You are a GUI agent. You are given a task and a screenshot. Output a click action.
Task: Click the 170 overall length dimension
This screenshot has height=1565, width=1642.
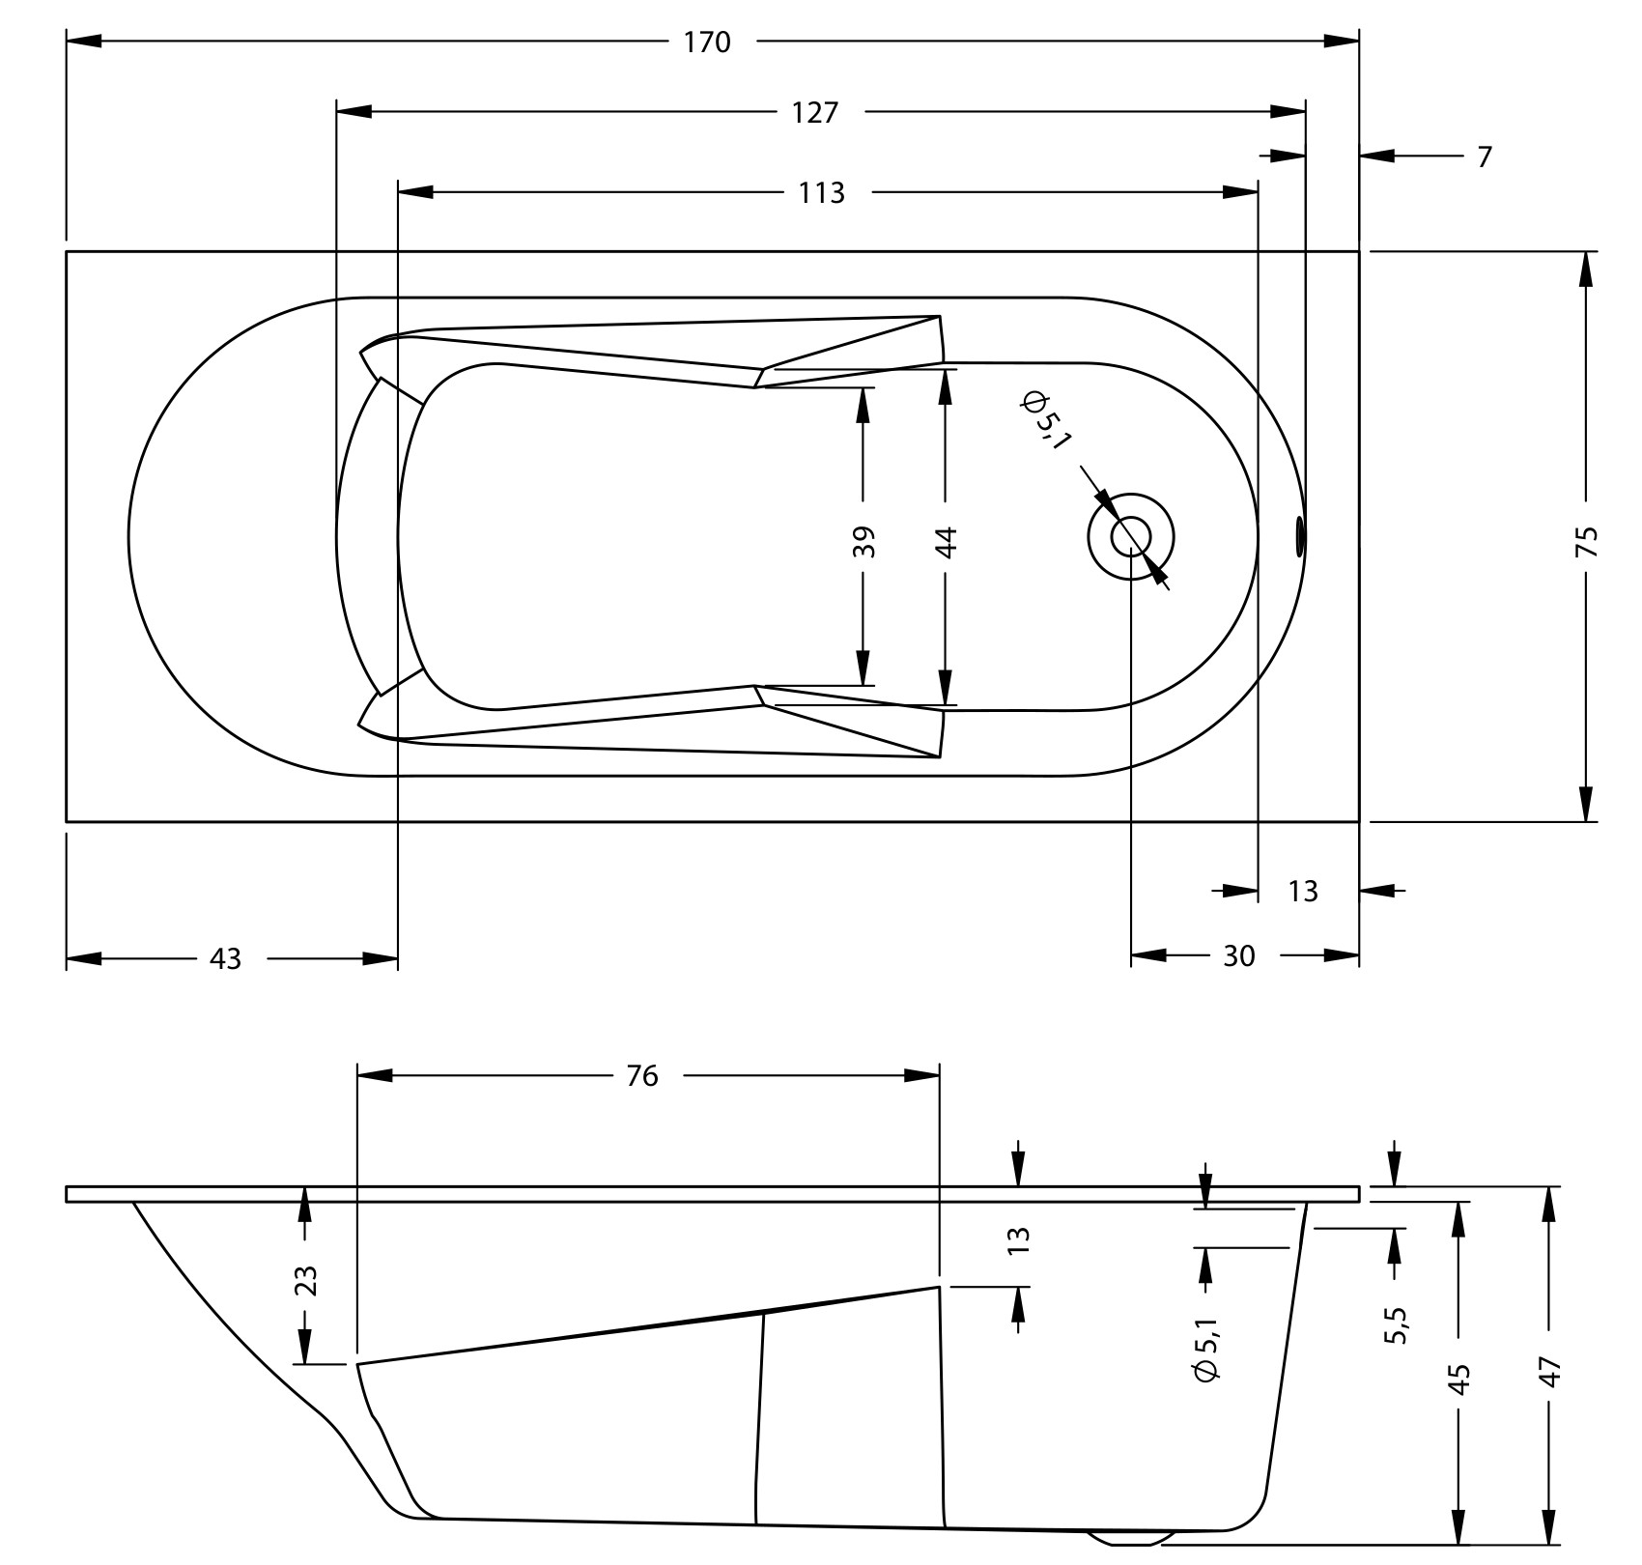[x=707, y=43]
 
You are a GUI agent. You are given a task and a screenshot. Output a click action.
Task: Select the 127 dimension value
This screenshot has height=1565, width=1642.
[x=815, y=113]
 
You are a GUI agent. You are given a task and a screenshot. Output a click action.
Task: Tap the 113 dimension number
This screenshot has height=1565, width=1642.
[x=821, y=193]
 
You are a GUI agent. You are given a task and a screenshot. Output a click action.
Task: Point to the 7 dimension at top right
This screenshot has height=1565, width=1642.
[x=1485, y=156]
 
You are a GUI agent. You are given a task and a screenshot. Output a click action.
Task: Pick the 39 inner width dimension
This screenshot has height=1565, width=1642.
[x=863, y=541]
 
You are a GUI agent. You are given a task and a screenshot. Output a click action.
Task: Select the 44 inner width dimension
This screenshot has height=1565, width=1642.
[x=946, y=541]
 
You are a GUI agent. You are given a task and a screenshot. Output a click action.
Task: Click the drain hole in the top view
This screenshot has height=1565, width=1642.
[x=1131, y=536]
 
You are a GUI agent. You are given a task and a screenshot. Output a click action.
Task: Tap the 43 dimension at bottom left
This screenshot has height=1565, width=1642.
[x=225, y=959]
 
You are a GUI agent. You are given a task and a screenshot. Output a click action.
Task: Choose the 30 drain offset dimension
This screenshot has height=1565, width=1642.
[x=1239, y=955]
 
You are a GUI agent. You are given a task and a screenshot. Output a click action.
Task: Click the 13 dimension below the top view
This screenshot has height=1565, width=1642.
[x=1303, y=891]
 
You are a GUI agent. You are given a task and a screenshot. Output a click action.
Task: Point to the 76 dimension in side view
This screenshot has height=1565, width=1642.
[x=642, y=1075]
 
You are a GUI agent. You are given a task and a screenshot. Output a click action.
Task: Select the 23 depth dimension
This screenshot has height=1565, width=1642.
[x=305, y=1281]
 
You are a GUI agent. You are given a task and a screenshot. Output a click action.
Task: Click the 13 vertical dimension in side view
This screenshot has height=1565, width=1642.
[x=1019, y=1239]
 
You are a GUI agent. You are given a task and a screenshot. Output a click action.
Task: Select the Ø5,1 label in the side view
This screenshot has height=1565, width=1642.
[x=1206, y=1345]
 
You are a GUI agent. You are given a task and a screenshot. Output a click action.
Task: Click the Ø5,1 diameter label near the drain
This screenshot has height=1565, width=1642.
[x=1045, y=419]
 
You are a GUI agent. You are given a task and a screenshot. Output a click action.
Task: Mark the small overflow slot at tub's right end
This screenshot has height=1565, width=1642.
[x=1300, y=535]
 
